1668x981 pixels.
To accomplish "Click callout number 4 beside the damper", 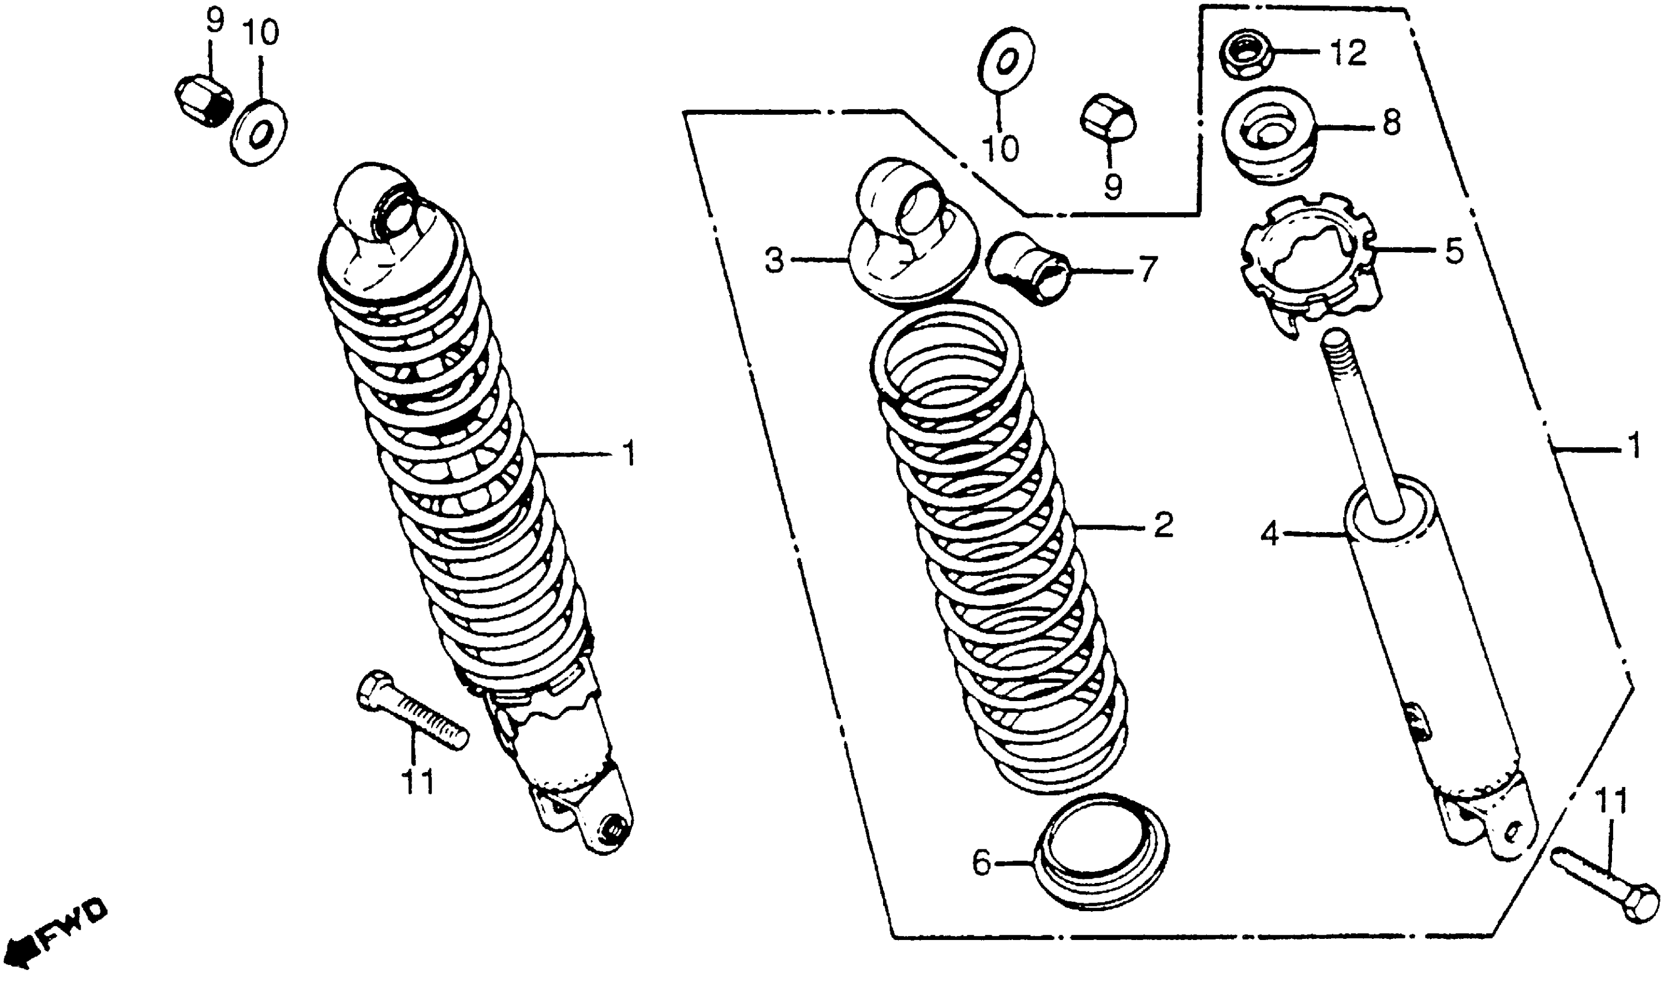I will tap(1270, 534).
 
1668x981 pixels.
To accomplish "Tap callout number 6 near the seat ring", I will tap(982, 863).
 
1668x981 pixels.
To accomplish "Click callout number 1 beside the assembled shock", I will tap(629, 453).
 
